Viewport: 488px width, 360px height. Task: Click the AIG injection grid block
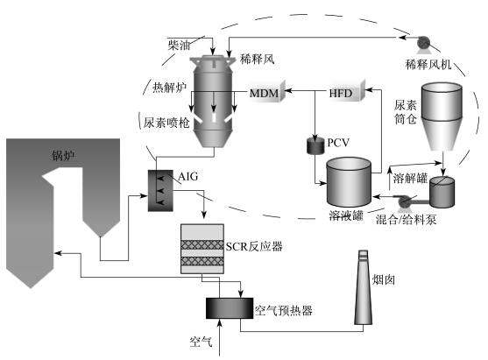point(160,190)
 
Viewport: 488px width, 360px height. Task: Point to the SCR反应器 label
point(254,246)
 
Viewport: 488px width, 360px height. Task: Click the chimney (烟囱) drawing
point(364,287)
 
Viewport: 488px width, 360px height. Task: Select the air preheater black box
point(230,308)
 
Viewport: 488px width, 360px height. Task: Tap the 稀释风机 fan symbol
point(423,43)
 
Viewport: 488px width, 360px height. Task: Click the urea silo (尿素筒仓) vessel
point(442,116)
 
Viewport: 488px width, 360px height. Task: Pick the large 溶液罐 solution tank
point(349,182)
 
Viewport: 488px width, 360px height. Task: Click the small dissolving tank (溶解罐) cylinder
point(442,192)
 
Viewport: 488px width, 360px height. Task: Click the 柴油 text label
point(179,46)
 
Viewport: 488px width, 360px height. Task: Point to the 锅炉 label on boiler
point(63,156)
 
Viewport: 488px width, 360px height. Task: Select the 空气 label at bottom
point(201,342)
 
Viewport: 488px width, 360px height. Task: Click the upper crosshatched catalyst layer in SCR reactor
point(202,245)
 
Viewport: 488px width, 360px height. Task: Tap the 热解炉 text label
point(169,88)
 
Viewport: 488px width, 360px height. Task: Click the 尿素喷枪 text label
point(166,123)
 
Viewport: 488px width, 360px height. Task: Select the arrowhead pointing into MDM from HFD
point(288,91)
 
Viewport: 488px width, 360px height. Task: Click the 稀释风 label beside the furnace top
point(257,59)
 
